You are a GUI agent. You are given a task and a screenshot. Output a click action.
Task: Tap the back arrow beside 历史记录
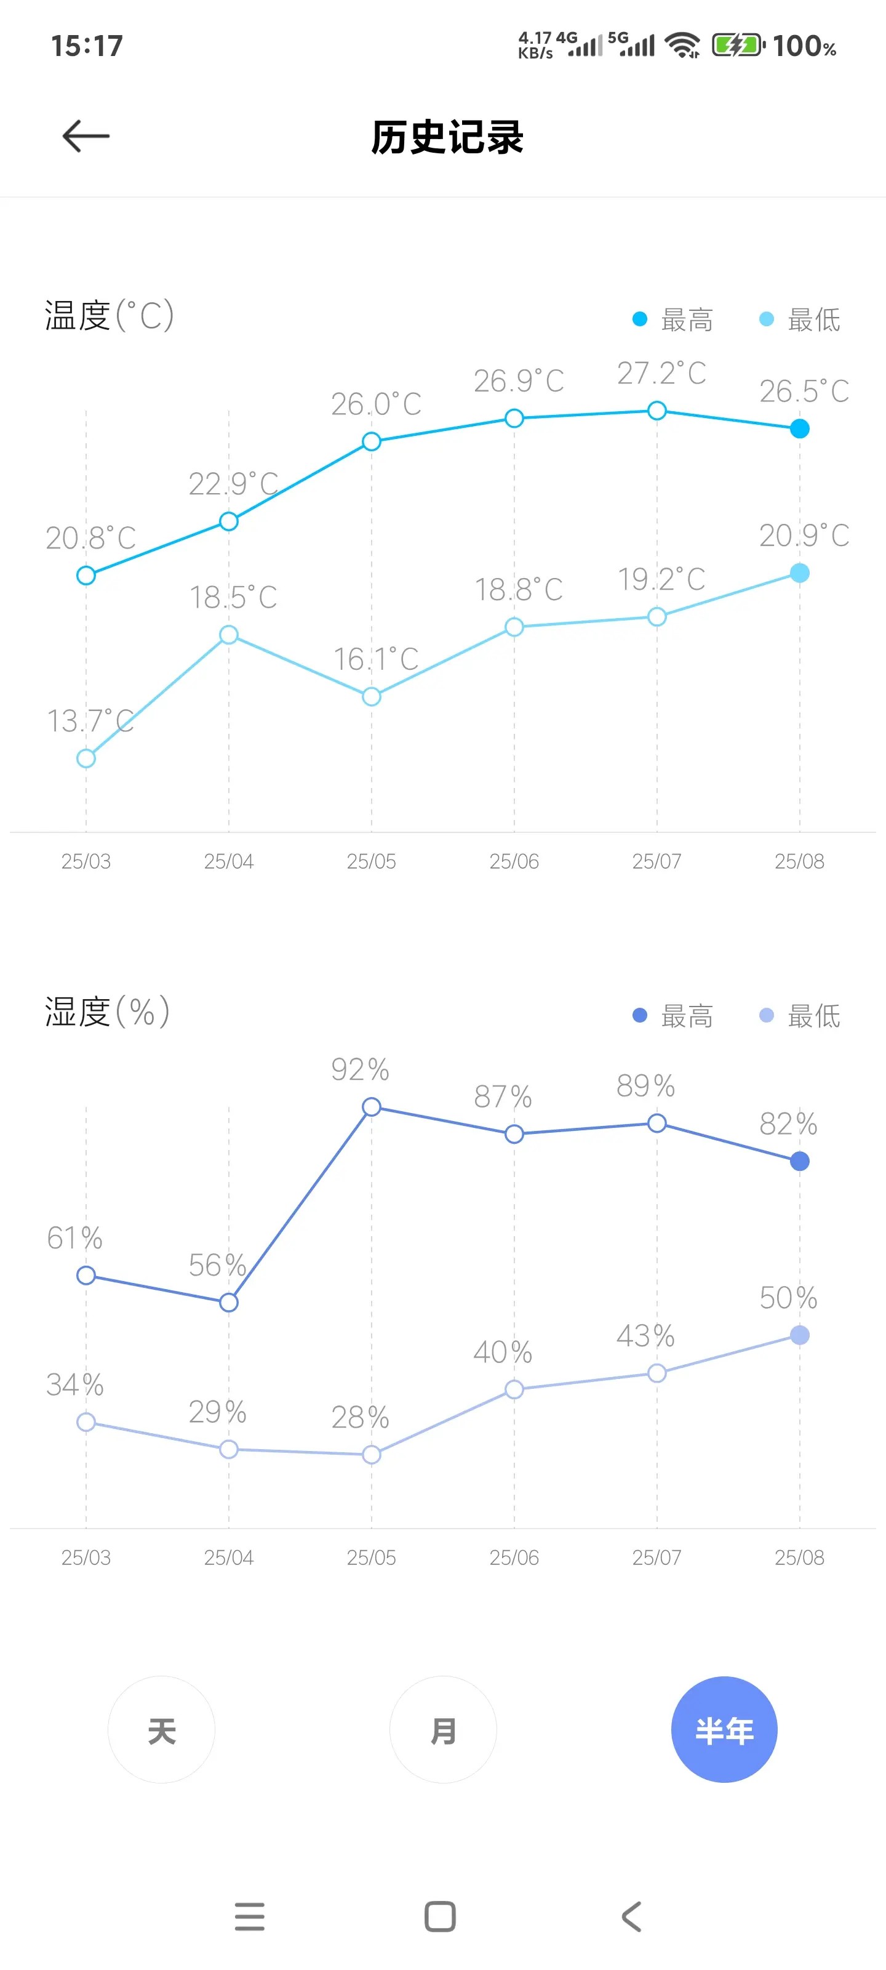click(x=86, y=136)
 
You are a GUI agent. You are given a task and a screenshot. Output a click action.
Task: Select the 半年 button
click(x=724, y=1730)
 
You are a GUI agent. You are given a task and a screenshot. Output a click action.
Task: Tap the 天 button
click(x=161, y=1730)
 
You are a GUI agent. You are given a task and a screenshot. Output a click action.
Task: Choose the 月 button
click(x=442, y=1730)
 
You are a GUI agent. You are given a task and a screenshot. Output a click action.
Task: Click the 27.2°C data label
click(x=661, y=373)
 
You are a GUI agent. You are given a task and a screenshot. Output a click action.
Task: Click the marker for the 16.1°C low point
click(x=372, y=696)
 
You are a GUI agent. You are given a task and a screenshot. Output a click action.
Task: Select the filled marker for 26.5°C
click(x=800, y=428)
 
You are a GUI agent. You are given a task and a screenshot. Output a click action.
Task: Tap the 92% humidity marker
click(x=372, y=1107)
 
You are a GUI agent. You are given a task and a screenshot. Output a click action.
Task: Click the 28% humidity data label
click(x=360, y=1417)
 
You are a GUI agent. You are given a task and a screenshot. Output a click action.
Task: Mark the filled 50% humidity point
click(x=800, y=1335)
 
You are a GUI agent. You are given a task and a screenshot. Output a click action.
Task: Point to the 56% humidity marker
click(x=228, y=1303)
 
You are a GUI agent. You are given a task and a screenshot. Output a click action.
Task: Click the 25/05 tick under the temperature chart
click(x=372, y=861)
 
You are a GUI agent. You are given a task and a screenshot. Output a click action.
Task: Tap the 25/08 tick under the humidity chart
click(x=800, y=1557)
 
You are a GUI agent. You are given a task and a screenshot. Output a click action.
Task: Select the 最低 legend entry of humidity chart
click(x=800, y=1016)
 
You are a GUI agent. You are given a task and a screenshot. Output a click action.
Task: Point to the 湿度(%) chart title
click(x=107, y=1011)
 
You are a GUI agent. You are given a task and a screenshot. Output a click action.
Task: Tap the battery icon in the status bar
click(x=738, y=45)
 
